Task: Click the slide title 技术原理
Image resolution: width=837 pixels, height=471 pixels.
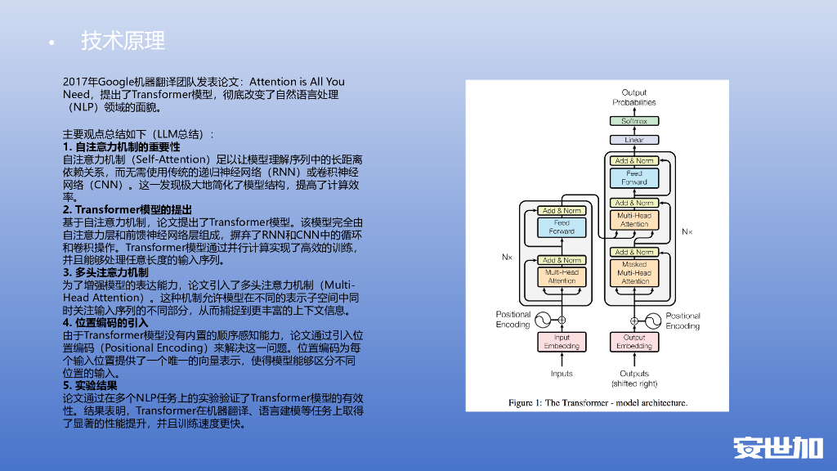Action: pyautogui.click(x=123, y=40)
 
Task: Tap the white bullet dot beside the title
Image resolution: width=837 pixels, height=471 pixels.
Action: pyautogui.click(x=51, y=43)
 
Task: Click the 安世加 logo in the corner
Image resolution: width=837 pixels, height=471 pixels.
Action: pyautogui.click(x=777, y=447)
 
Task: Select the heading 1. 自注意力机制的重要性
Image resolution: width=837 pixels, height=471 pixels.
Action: pyautogui.click(x=121, y=146)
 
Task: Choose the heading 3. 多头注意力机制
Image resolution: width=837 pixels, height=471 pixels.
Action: pyautogui.click(x=105, y=272)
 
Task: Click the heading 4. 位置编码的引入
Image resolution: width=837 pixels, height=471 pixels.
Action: pyautogui.click(x=105, y=322)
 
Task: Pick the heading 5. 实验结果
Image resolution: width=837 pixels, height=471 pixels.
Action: pyautogui.click(x=90, y=385)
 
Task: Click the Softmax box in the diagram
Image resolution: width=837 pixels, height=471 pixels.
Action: pyautogui.click(x=634, y=121)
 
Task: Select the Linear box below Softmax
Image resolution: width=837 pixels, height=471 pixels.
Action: pyautogui.click(x=634, y=140)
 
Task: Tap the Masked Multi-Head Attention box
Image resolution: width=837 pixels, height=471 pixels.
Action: pyautogui.click(x=634, y=273)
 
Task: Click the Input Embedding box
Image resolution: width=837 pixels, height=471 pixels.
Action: pyautogui.click(x=562, y=342)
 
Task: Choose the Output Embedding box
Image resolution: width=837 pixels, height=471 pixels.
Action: pyautogui.click(x=634, y=342)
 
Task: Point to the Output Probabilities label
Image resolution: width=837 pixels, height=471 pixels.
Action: pyautogui.click(x=634, y=97)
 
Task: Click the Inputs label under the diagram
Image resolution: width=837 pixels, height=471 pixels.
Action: pyautogui.click(x=562, y=374)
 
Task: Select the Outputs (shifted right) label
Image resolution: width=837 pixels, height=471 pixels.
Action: pyautogui.click(x=634, y=379)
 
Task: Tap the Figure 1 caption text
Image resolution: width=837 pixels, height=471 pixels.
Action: pyautogui.click(x=598, y=402)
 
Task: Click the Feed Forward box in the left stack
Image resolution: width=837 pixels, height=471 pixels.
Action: pyautogui.click(x=562, y=227)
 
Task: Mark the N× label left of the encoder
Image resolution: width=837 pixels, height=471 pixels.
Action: pyautogui.click(x=507, y=257)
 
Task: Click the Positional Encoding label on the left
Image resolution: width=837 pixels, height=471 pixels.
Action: pyautogui.click(x=513, y=320)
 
